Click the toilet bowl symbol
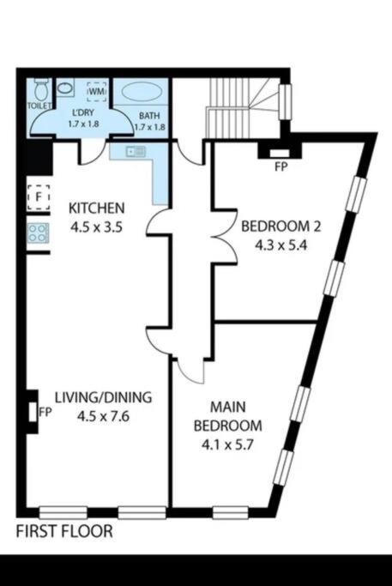tap(40, 89)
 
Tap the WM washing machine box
tap(97, 91)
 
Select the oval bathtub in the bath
tap(142, 92)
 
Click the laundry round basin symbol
tap(65, 88)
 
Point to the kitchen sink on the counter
tap(136, 151)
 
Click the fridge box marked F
tap(38, 196)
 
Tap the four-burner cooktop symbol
tap(38, 233)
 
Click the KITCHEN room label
tap(96, 208)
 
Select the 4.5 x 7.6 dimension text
tap(103, 416)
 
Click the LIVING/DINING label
tap(104, 397)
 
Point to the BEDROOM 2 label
tap(281, 227)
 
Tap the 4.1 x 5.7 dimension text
tap(227, 444)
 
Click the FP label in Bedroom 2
tap(281, 167)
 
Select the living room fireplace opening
tap(33, 412)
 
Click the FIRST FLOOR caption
tap(64, 531)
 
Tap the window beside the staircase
tap(285, 101)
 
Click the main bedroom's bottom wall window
tap(231, 512)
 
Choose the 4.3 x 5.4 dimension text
tap(281, 245)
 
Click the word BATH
tap(149, 116)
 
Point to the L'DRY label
tap(83, 112)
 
